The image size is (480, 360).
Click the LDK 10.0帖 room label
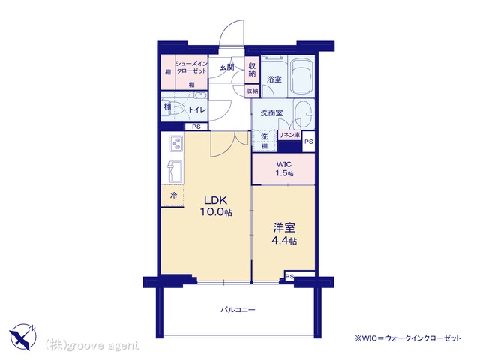(x=216, y=206)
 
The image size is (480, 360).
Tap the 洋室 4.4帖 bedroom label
(x=284, y=234)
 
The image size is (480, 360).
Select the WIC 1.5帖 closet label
(x=284, y=169)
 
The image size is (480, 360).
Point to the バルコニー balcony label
(x=238, y=310)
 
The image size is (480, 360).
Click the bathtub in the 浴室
(x=301, y=76)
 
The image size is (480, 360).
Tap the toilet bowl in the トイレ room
(x=175, y=108)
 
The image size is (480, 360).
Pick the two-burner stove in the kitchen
(x=176, y=143)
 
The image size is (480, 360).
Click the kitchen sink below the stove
(x=175, y=172)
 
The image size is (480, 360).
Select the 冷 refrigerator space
(x=172, y=196)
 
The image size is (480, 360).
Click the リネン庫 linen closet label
(x=289, y=135)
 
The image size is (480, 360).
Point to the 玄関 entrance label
(x=226, y=67)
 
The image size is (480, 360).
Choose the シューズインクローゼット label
(x=191, y=67)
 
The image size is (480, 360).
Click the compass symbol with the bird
(x=23, y=337)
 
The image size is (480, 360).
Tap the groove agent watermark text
(x=91, y=346)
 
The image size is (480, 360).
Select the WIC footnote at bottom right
(x=408, y=338)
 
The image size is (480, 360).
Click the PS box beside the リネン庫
(x=308, y=142)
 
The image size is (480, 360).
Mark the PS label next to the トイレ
(x=196, y=127)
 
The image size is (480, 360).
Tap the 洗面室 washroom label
(x=271, y=113)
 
